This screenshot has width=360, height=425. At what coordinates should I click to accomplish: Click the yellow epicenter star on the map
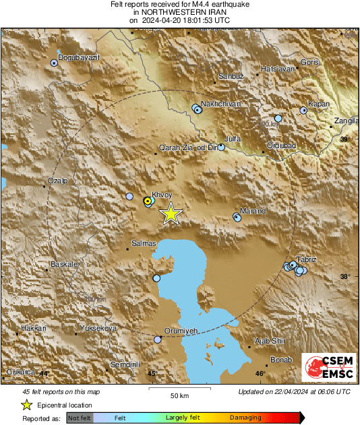pos(171,214)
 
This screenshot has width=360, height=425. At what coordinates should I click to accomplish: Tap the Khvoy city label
pos(162,195)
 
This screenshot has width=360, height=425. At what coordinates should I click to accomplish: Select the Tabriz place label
pos(307,260)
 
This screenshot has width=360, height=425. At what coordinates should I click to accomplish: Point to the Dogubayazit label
pos(80,58)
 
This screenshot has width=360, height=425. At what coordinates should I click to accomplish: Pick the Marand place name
pos(253,211)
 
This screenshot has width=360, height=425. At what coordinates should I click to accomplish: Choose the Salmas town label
pos(144,243)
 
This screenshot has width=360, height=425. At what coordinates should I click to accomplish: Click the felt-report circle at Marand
pos(237,217)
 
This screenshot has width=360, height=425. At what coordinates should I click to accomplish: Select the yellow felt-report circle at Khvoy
pos(148,201)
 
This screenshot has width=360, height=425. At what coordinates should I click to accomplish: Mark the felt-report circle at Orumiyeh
pos(158,340)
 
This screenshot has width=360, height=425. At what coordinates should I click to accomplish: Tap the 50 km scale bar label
pos(179,395)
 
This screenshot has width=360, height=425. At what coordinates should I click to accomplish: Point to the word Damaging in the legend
pos(245,418)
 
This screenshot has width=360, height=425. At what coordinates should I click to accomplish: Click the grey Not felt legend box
pos(80,418)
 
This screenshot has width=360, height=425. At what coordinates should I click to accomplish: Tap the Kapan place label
pos(318,104)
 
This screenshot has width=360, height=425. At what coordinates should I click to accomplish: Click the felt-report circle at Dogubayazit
pos(55,63)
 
